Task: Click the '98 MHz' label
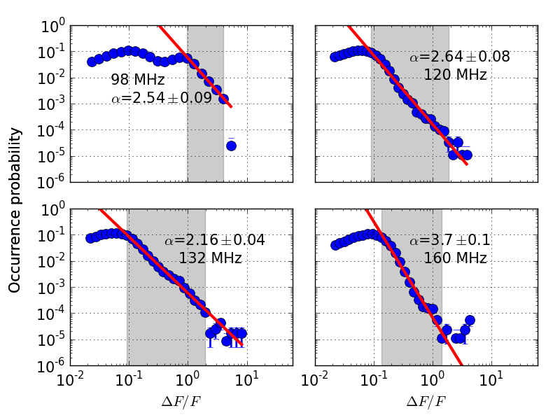137,80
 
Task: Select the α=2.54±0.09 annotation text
161,98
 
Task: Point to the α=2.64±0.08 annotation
459,57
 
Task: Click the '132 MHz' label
210,258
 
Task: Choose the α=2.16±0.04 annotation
214,241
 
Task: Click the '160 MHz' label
455,258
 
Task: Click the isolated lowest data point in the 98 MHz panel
231,146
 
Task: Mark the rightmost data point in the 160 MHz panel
470,320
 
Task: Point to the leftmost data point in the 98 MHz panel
92,62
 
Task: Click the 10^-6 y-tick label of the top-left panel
52,183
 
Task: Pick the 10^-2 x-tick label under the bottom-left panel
70,381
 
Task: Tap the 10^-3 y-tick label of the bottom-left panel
52,288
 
